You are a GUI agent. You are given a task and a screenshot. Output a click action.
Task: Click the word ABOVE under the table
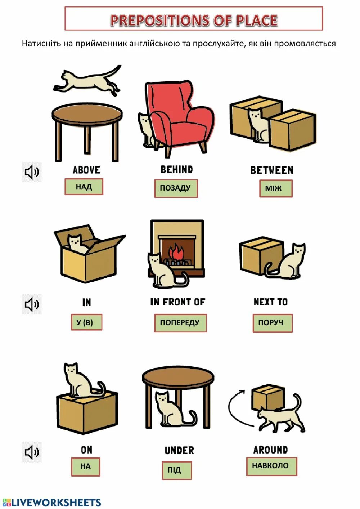tap(86, 170)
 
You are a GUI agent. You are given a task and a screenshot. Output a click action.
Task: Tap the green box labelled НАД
tap(84, 187)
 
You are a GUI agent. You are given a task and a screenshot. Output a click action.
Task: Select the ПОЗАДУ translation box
tap(176, 188)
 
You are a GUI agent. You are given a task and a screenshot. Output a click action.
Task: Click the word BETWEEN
tap(272, 170)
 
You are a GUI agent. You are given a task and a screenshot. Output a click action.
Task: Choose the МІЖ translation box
tap(275, 188)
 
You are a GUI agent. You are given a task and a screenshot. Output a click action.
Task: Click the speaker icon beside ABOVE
tap(32, 172)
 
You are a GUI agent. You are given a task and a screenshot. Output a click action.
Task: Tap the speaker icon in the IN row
tap(32, 304)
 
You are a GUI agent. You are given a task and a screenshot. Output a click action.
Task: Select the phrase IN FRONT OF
tap(178, 302)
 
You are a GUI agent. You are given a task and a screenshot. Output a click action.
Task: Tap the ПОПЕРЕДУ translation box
tap(180, 323)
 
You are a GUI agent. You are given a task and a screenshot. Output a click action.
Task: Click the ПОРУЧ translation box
tap(272, 323)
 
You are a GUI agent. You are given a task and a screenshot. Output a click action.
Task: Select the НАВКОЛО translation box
tap(271, 466)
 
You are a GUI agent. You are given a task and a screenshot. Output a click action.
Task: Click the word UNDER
tap(179, 450)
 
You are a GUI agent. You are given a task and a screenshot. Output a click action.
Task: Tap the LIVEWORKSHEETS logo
tap(52, 503)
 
